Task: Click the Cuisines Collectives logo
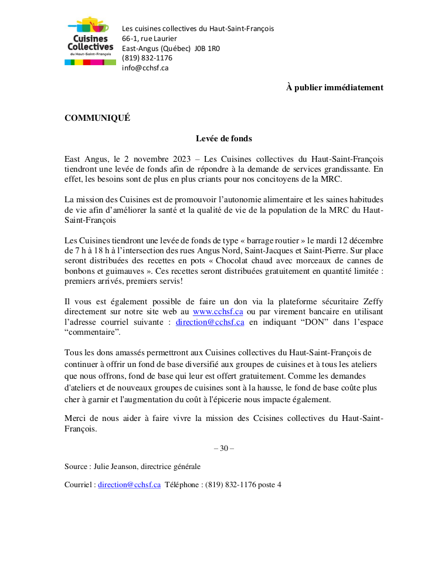[90, 41]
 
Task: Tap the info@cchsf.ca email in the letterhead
[145, 67]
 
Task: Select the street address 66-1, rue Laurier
[150, 38]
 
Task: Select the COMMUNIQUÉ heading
[97, 118]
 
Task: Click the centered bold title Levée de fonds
[223, 139]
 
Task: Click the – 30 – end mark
[223, 449]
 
